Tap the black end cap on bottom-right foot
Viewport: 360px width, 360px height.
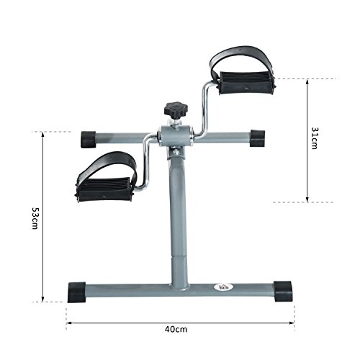pos(284,291)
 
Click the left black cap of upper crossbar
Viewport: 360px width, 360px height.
pos(90,138)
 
